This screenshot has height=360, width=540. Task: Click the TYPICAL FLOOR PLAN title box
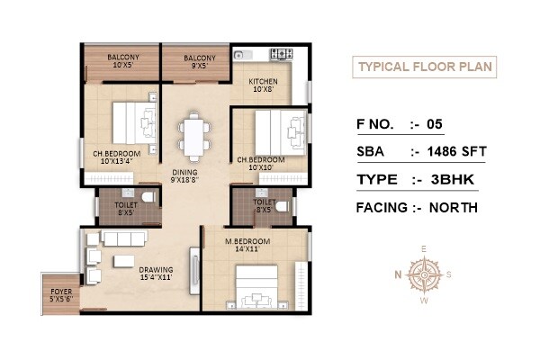(423, 67)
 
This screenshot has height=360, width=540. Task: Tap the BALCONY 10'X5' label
(121, 60)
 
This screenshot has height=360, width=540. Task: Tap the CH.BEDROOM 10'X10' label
(261, 165)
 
